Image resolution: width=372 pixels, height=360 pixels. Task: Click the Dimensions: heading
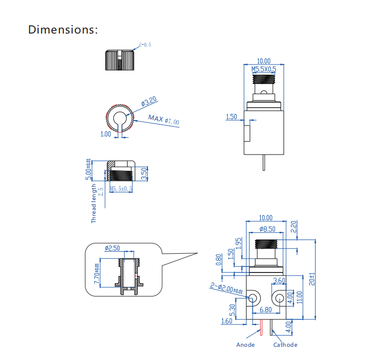coord(63,29)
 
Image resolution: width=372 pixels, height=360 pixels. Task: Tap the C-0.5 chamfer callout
coord(145,45)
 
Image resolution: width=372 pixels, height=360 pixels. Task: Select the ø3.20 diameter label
coord(148,102)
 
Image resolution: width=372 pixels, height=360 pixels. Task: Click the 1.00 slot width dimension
coord(106,134)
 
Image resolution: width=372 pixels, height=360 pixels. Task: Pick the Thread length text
coord(94,203)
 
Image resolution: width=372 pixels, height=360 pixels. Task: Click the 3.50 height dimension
coord(144,173)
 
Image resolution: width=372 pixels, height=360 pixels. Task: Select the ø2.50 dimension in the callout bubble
coord(112,248)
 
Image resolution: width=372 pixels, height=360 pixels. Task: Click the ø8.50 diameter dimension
coord(267,229)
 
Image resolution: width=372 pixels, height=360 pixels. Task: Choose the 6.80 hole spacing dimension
coord(266,310)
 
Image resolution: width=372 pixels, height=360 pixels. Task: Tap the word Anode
coord(245,345)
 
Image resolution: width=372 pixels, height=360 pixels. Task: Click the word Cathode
coord(285,345)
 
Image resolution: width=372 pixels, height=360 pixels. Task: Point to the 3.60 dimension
coord(279,281)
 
